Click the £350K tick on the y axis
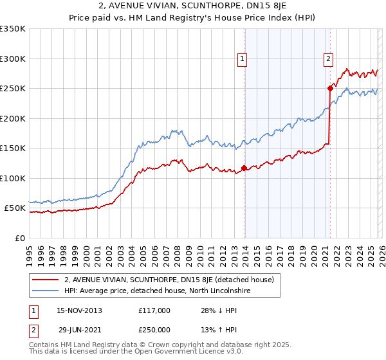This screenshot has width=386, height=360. tap(13, 29)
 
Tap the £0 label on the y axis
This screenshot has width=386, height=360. tap(20, 238)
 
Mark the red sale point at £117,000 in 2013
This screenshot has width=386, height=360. tap(244, 168)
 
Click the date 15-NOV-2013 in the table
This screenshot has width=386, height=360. tap(79, 310)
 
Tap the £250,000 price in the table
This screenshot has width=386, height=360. tap(154, 329)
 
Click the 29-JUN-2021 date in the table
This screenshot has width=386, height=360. tap(79, 329)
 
